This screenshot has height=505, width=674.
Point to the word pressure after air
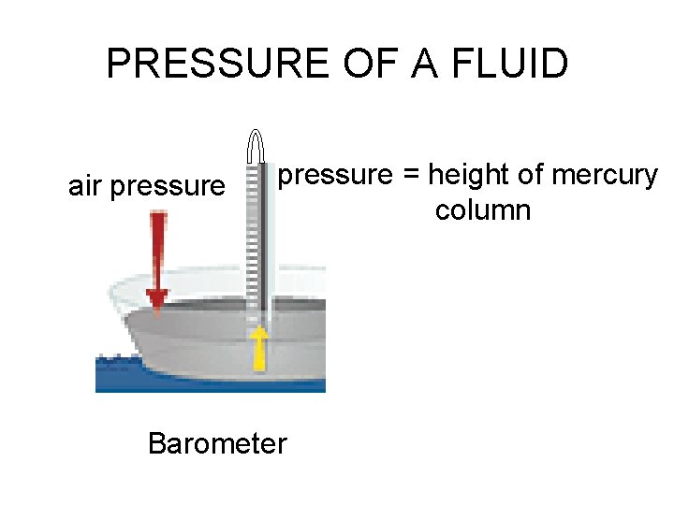click(168, 187)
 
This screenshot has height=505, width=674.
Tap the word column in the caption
click(482, 209)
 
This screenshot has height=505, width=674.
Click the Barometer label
click(217, 442)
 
